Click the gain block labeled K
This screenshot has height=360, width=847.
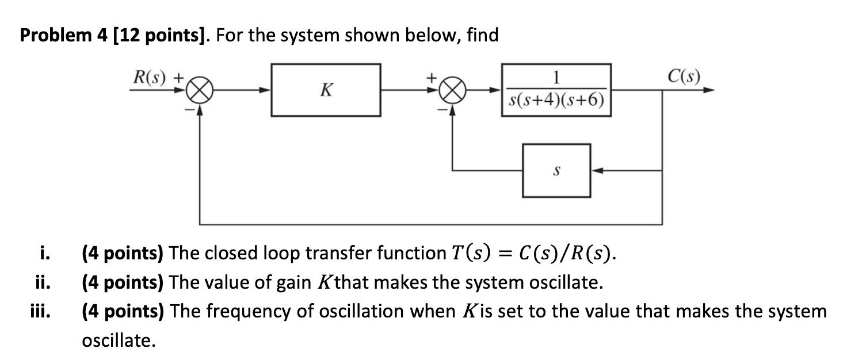point(326,90)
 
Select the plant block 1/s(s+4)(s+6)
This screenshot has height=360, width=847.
point(556,90)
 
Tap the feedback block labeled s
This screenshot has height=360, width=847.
point(556,170)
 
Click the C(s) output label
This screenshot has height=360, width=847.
point(684,76)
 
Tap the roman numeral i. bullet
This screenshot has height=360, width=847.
point(43,252)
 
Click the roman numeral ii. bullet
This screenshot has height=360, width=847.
point(41,282)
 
